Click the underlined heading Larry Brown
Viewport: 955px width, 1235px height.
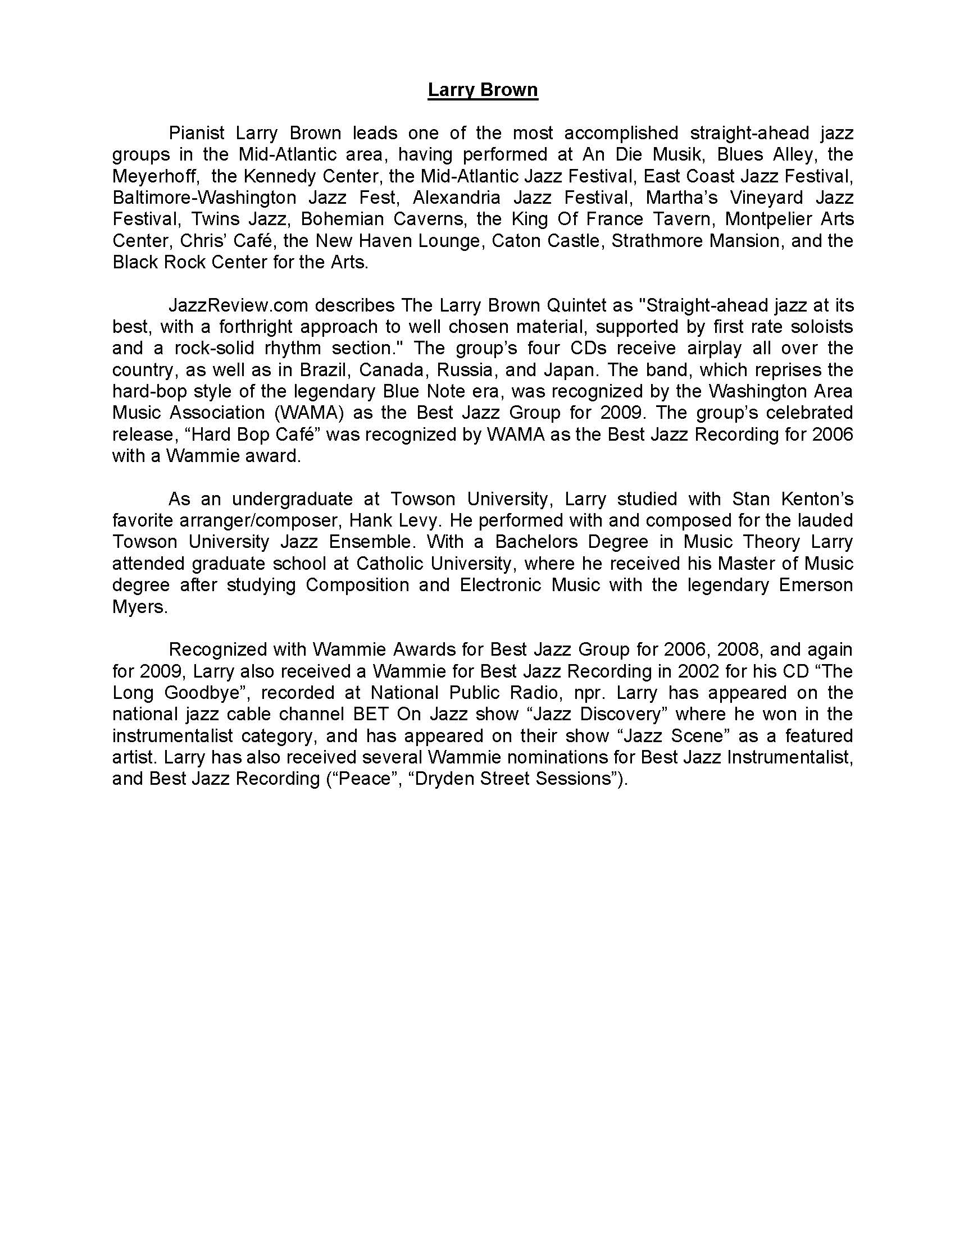pos(483,90)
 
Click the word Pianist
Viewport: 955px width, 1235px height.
pos(197,134)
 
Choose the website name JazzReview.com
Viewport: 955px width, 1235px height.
pos(238,306)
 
